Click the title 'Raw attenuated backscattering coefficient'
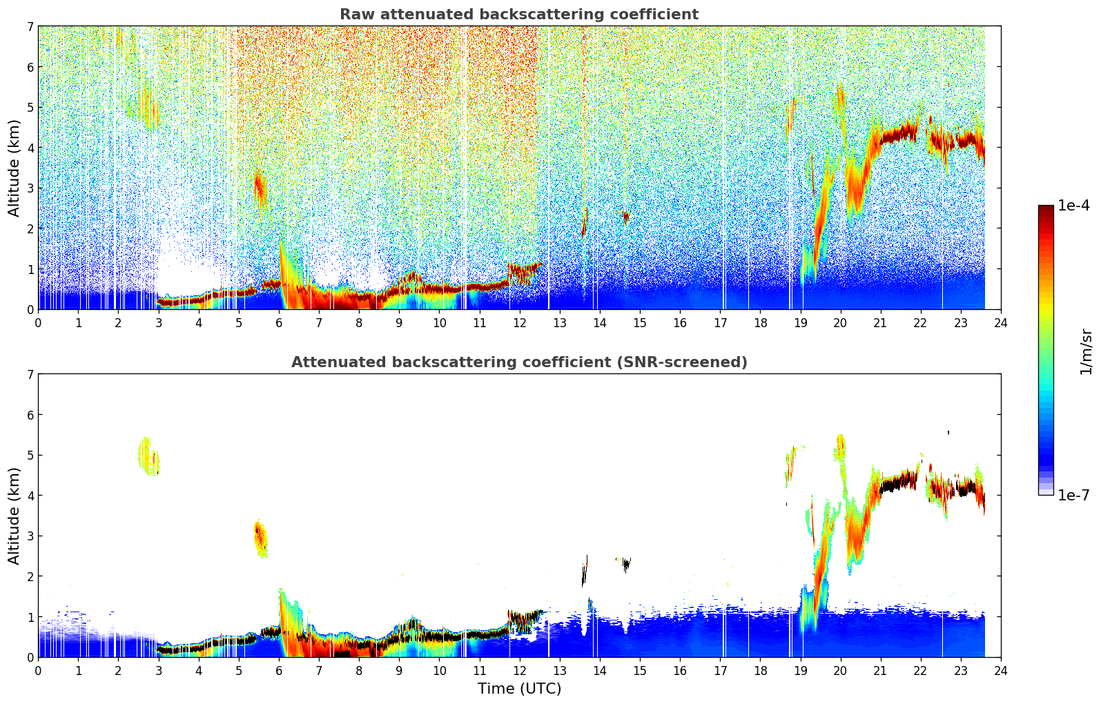(x=518, y=14)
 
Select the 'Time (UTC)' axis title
(x=519, y=688)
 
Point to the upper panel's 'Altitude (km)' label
(x=14, y=168)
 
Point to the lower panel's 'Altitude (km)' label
(x=14, y=516)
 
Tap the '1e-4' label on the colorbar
(x=1073, y=206)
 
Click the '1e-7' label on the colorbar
(x=1073, y=495)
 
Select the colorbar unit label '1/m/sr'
(x=1086, y=351)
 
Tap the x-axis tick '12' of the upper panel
(x=519, y=322)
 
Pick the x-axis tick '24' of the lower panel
(x=1001, y=670)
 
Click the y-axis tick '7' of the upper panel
(x=30, y=27)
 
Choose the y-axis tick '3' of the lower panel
(x=30, y=536)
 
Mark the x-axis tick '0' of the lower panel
(x=38, y=670)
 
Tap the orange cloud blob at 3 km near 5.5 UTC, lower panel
(x=260, y=538)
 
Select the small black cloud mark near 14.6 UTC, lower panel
(x=625, y=565)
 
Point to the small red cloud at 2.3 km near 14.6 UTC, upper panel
(x=625, y=217)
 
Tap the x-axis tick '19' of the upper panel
(x=800, y=322)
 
